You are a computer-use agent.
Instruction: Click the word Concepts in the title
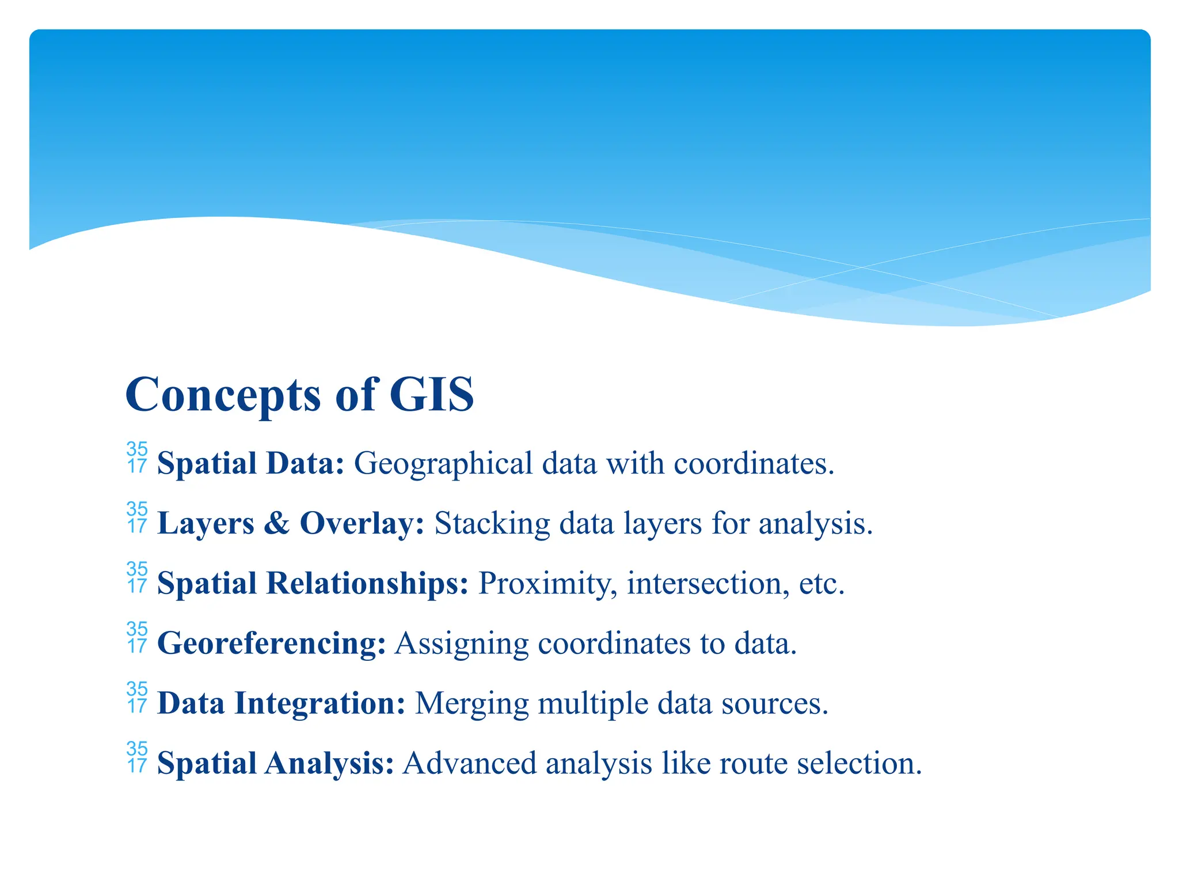pyautogui.click(x=222, y=396)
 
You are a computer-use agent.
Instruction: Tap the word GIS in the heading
pyautogui.click(x=431, y=395)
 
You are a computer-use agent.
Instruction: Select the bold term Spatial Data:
pyautogui.click(x=251, y=463)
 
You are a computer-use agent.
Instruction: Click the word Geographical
pyautogui.click(x=443, y=464)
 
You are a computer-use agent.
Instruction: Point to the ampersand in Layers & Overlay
pyautogui.click(x=277, y=523)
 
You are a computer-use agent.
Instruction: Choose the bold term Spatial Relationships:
pyautogui.click(x=313, y=583)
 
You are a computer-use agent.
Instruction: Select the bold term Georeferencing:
pyautogui.click(x=271, y=644)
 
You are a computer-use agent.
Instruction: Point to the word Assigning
pyautogui.click(x=462, y=644)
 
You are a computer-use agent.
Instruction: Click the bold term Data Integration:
pyautogui.click(x=282, y=704)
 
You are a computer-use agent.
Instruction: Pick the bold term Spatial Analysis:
pyautogui.click(x=275, y=763)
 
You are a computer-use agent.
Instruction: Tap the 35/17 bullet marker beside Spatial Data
pyautogui.click(x=137, y=458)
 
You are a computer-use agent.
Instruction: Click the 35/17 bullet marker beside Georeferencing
pyautogui.click(x=137, y=638)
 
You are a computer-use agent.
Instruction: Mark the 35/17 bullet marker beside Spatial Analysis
pyautogui.click(x=137, y=758)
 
